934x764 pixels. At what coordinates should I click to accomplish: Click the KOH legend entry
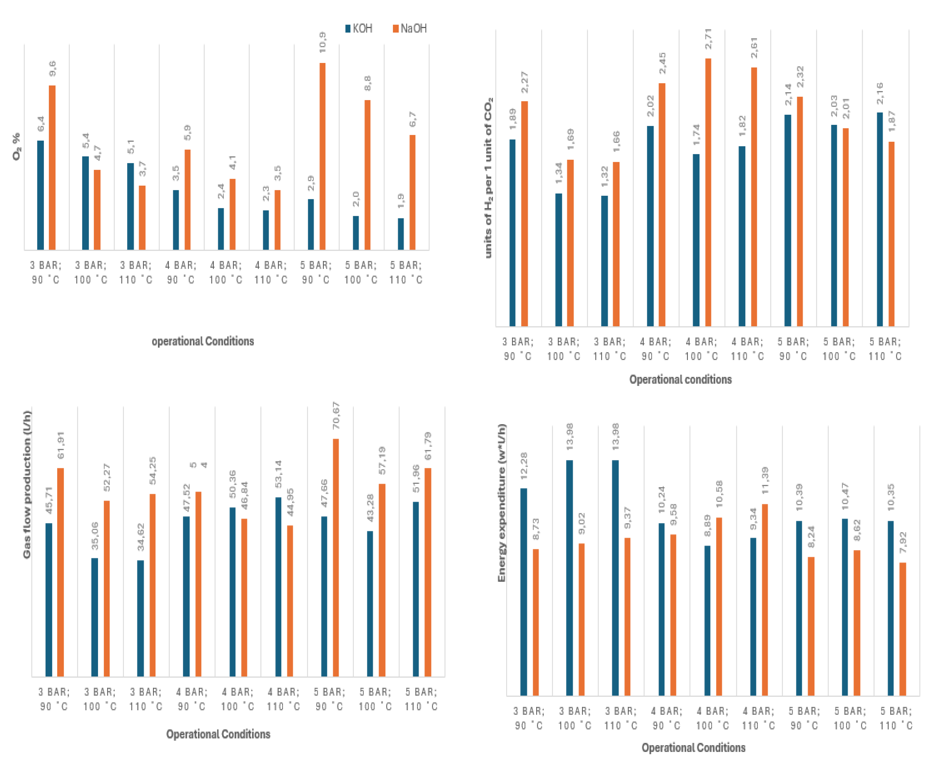pos(359,29)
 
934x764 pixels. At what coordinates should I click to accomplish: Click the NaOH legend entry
pos(410,29)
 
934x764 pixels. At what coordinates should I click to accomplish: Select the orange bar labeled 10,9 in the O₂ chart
pos(323,156)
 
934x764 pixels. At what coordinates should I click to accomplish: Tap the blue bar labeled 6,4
pos(41,195)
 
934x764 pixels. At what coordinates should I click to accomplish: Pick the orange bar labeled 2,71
pos(708,192)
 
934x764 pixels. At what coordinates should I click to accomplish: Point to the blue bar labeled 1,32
pos(604,261)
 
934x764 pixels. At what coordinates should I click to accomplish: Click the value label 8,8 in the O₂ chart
pos(368,83)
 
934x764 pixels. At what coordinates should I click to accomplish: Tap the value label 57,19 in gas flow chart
pos(382,461)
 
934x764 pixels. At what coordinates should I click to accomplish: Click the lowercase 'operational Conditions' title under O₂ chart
pos(203,341)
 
